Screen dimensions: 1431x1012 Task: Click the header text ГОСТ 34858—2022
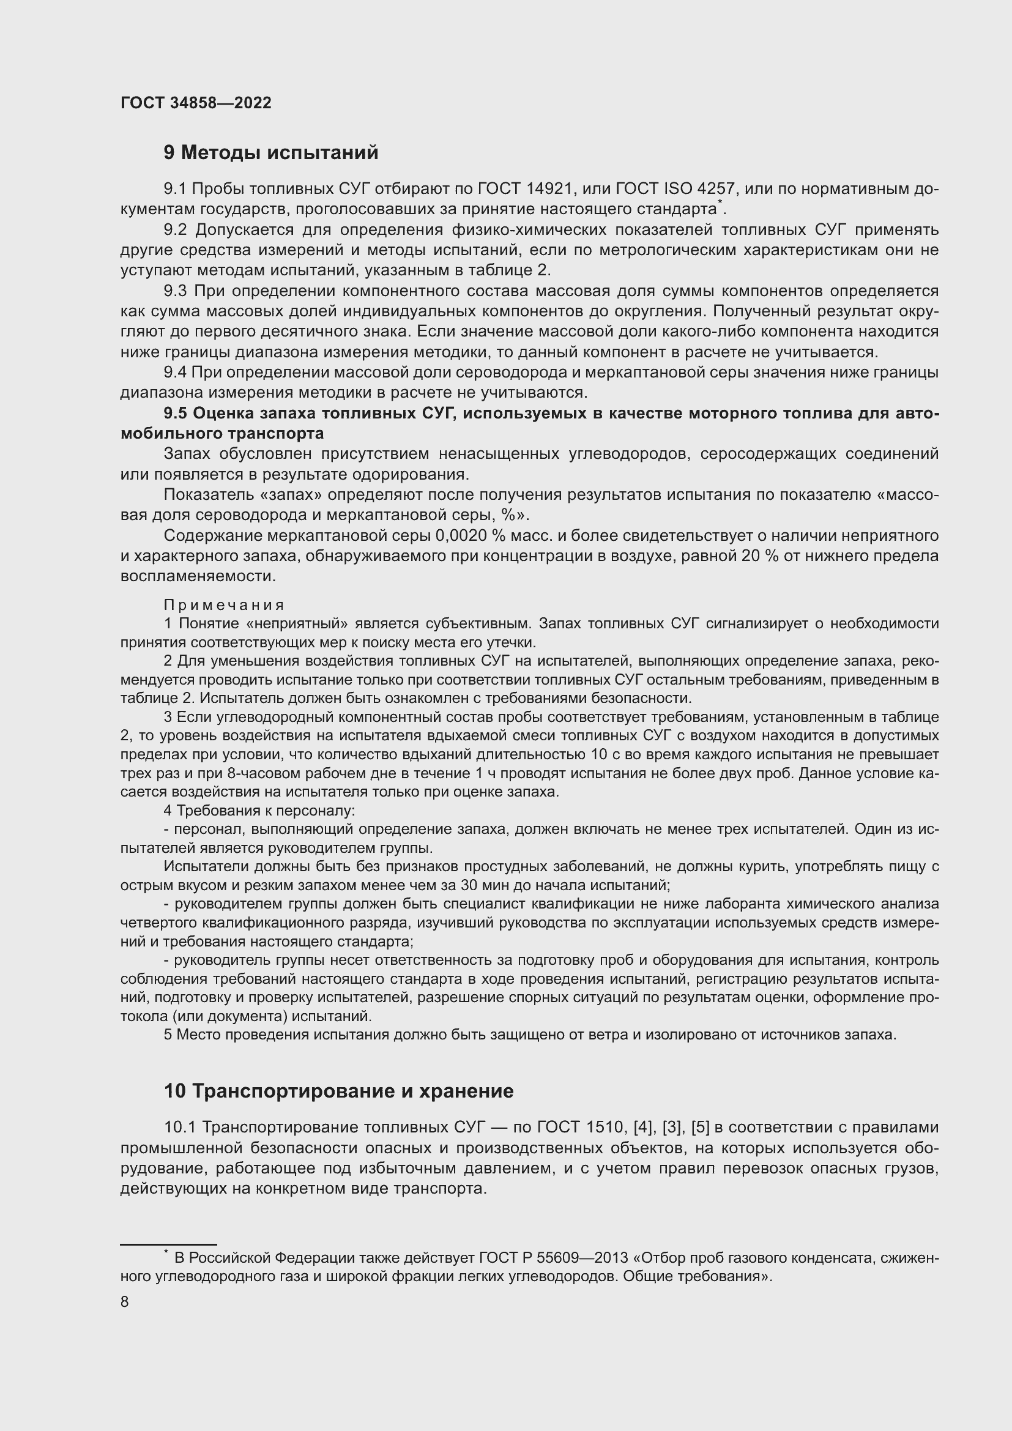196,103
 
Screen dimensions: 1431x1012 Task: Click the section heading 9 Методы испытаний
270,153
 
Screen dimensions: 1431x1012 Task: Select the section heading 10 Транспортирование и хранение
338,1091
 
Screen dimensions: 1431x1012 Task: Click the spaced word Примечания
224,605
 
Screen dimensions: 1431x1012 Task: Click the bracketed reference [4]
642,1128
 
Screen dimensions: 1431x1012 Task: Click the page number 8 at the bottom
125,1302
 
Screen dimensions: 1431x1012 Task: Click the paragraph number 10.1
180,1128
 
